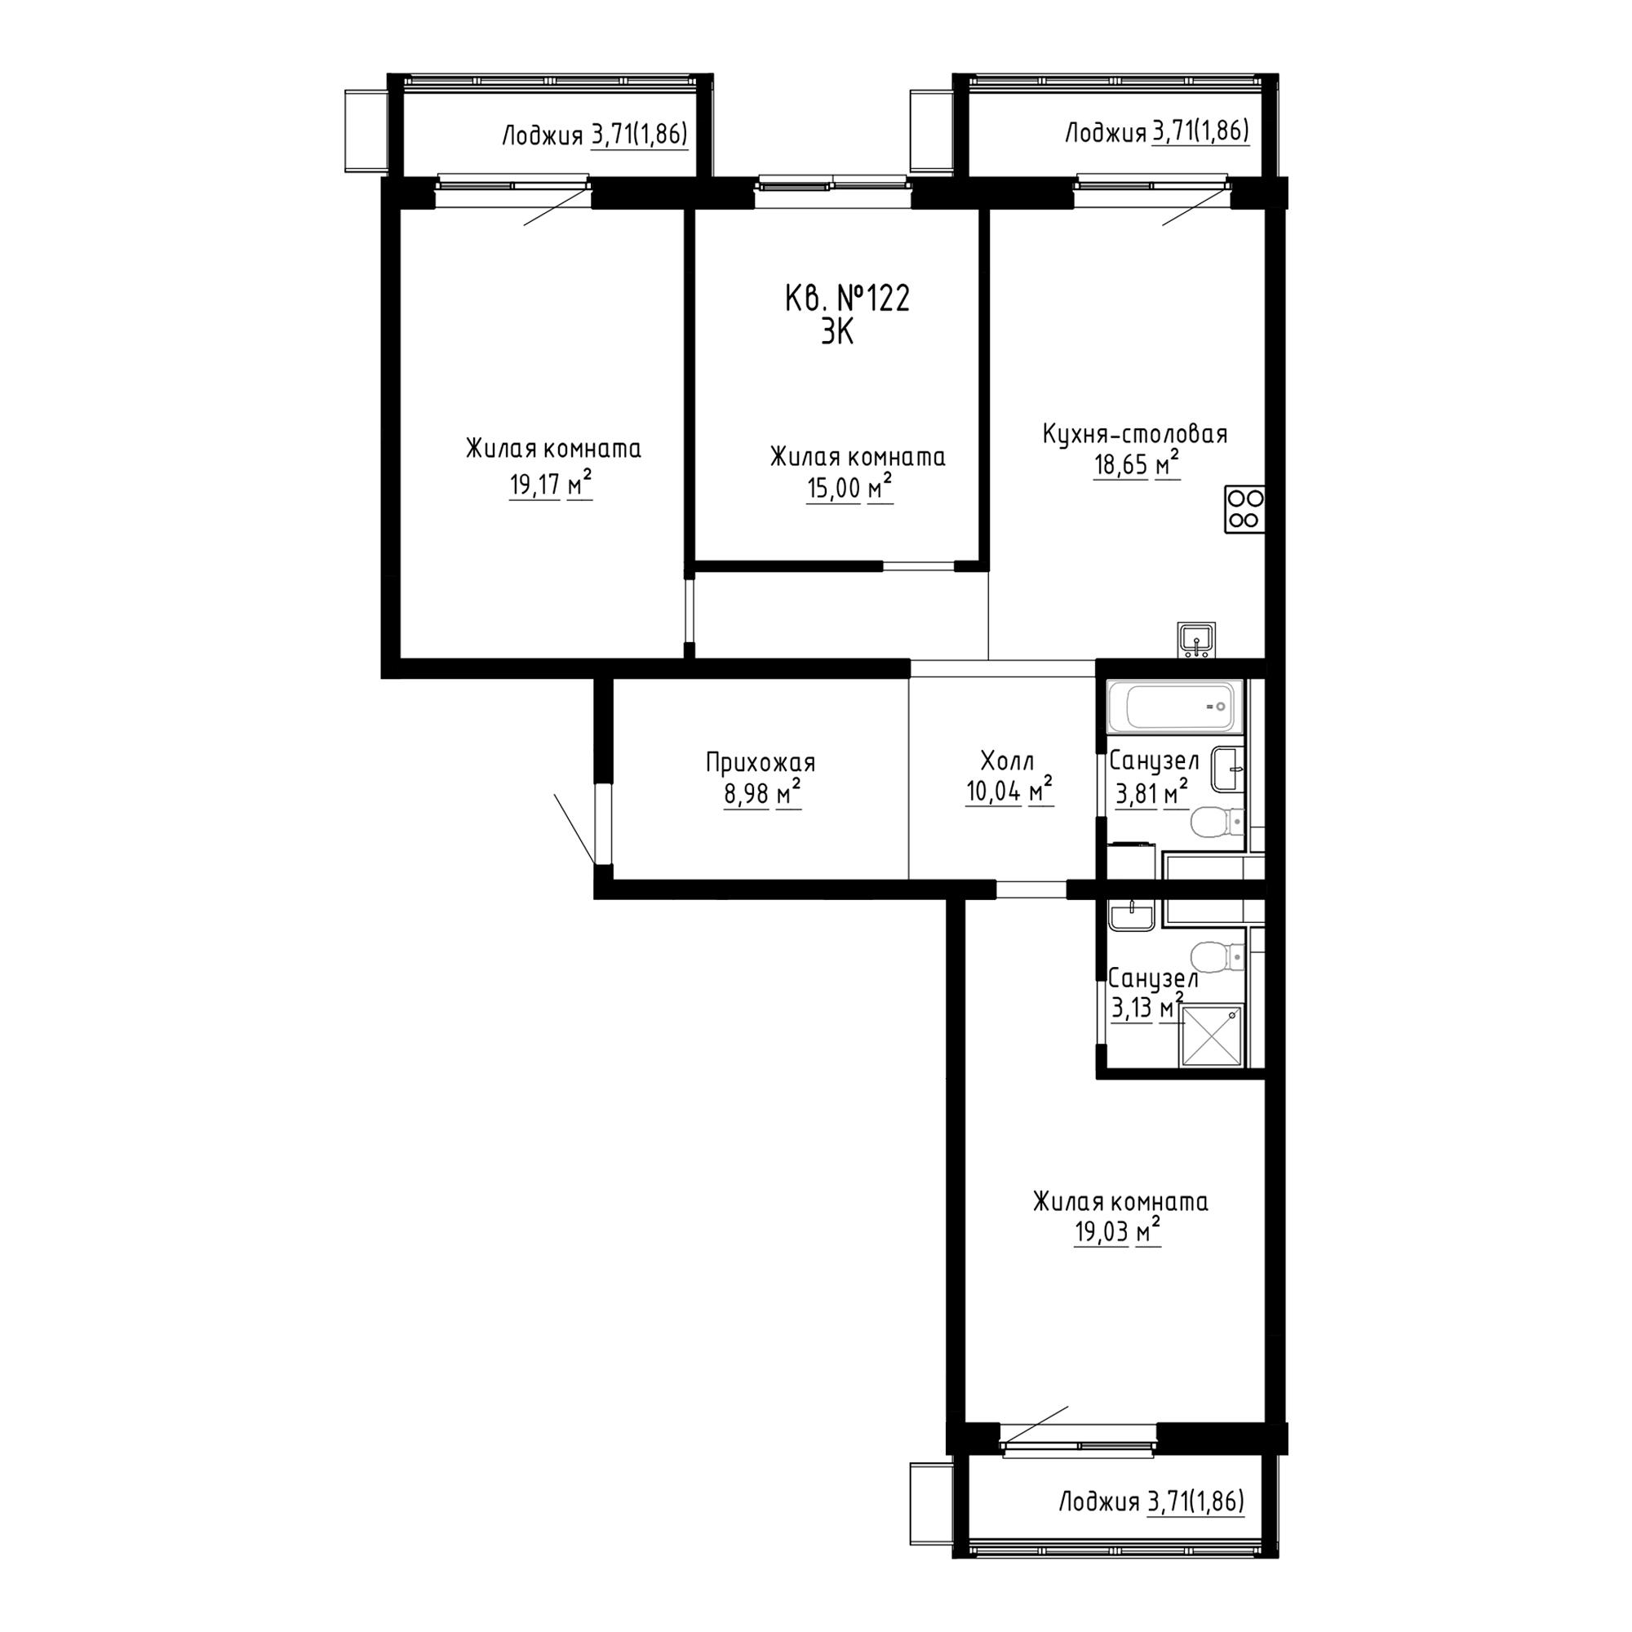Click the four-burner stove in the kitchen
[x=1244, y=509]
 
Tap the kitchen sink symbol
[x=1197, y=640]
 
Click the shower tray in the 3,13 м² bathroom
[x=1213, y=1036]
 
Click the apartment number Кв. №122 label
[x=847, y=299]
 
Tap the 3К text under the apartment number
[x=837, y=333]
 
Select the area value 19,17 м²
[x=550, y=485]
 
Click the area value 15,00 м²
[x=849, y=488]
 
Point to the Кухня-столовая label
[x=1134, y=434]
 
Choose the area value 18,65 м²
[x=1136, y=465]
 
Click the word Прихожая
[x=761, y=764]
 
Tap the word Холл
[x=1007, y=761]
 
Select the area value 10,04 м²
[x=1009, y=792]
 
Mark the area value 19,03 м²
[x=1118, y=1232]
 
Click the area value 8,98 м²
[x=762, y=795]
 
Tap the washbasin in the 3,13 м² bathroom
[x=1131, y=915]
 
